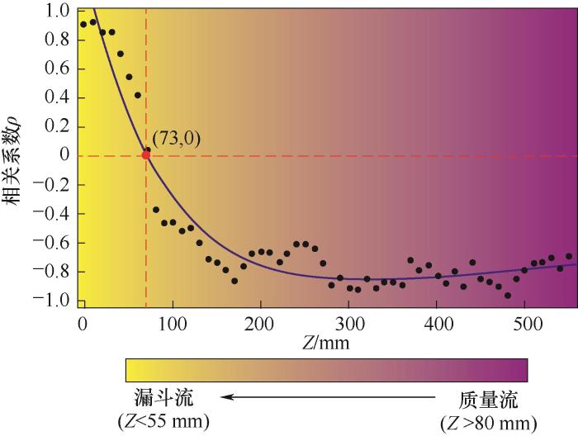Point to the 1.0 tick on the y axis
pos(59,12)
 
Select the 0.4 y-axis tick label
pos(59,98)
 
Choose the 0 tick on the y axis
pos(64,156)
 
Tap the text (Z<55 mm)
pos(165,421)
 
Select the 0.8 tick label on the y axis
pos(59,40)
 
